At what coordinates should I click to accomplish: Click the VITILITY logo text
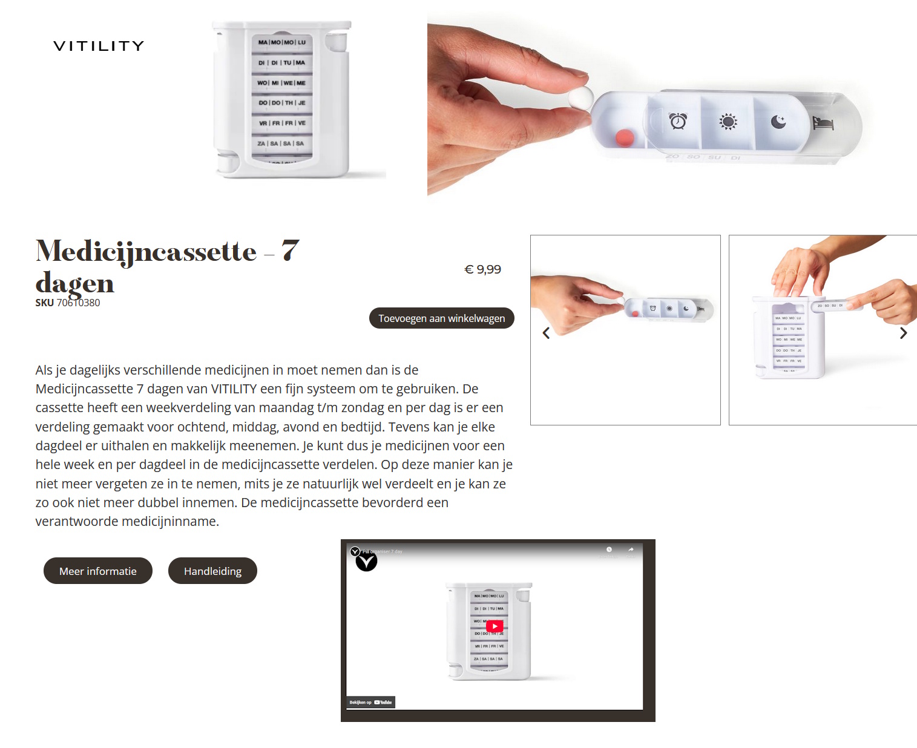coord(99,46)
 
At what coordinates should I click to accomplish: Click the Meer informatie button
coord(98,571)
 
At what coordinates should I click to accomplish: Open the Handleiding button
coord(212,571)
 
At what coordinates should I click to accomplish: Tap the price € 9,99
coord(482,269)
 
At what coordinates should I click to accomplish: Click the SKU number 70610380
coord(78,303)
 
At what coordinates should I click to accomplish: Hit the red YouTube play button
coord(495,626)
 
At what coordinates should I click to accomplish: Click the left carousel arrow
coord(546,333)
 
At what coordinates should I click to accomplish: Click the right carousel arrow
coord(903,333)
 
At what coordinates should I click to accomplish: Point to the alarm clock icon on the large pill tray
coord(678,120)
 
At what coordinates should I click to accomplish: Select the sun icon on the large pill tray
coord(728,122)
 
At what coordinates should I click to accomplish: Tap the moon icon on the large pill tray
coord(778,122)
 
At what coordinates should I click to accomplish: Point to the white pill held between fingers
coord(580,96)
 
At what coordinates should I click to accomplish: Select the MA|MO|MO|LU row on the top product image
coord(282,42)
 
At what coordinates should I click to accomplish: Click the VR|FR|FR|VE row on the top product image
coord(282,123)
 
